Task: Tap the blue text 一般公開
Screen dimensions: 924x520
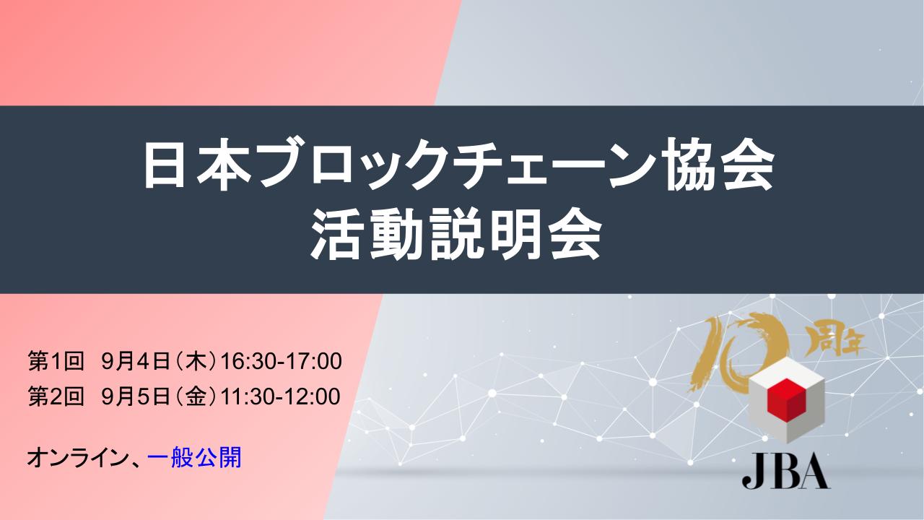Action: pyautogui.click(x=194, y=457)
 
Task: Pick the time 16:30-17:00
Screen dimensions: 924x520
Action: pyautogui.click(x=282, y=362)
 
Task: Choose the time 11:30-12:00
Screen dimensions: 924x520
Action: pyautogui.click(x=281, y=396)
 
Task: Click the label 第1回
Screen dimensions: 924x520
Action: pyautogui.click(x=56, y=362)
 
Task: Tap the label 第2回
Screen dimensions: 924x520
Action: pyautogui.click(x=56, y=396)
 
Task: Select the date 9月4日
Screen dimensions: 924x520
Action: pyautogui.click(x=136, y=362)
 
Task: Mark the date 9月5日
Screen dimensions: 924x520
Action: pyautogui.click(x=136, y=396)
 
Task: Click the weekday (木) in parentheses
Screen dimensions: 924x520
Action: pyautogui.click(x=195, y=362)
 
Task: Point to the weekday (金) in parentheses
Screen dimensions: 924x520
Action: pyautogui.click(x=195, y=396)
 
